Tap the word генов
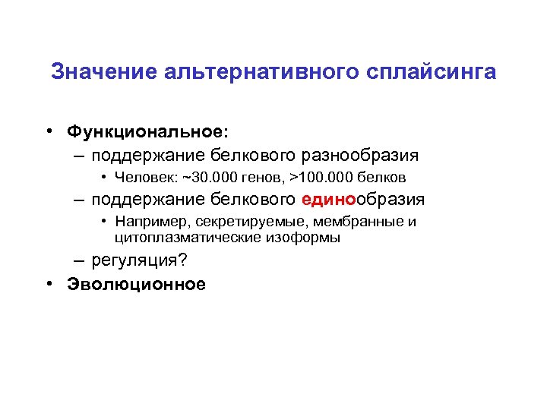tap(258, 178)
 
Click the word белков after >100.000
tap(383, 178)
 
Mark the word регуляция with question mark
tap(138, 260)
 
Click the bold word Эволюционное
tap(137, 284)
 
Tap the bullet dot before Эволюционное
tap(49, 284)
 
